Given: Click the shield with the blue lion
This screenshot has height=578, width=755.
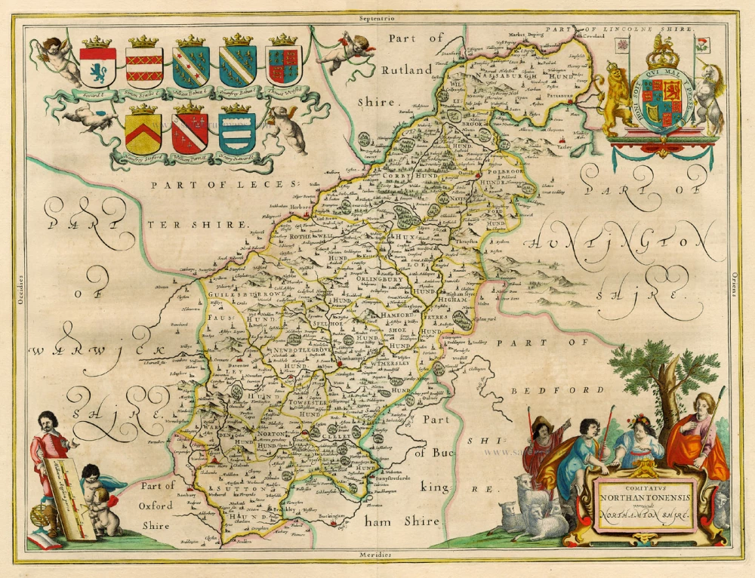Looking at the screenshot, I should [98, 68].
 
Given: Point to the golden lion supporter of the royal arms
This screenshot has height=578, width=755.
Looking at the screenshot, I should [615, 94].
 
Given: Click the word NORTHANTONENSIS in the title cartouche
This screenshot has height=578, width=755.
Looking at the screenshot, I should [645, 498].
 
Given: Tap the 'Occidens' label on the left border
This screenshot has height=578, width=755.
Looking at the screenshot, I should [22, 288].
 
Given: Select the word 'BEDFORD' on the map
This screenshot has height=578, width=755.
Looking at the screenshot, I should [557, 390].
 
